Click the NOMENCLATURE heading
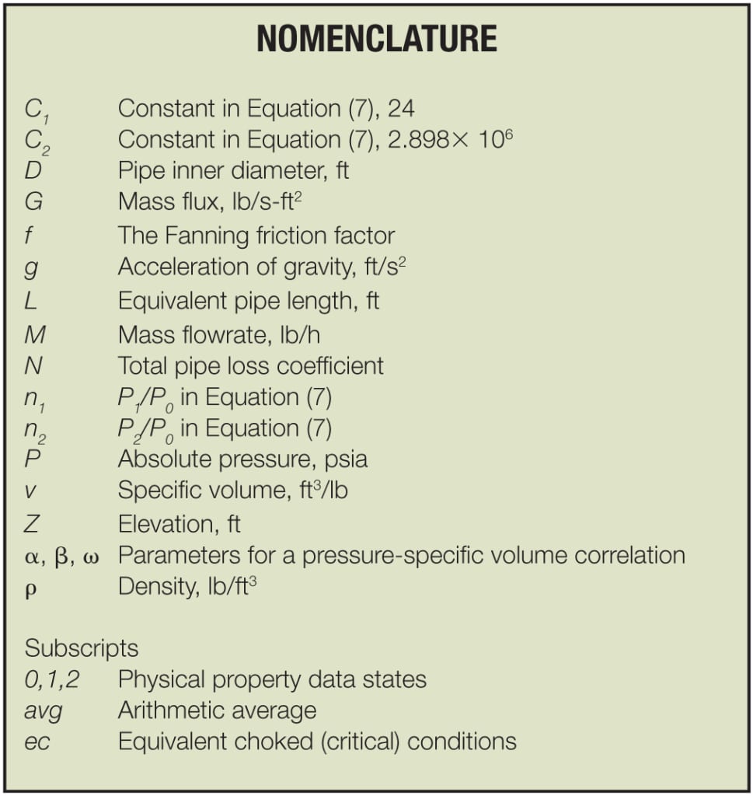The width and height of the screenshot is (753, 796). point(376,39)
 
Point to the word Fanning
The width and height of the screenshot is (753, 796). point(215,235)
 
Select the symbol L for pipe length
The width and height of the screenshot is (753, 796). point(31,299)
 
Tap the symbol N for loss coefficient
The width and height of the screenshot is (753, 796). point(33,364)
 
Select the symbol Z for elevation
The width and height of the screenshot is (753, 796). point(32,523)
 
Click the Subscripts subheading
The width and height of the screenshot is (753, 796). point(82,648)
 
